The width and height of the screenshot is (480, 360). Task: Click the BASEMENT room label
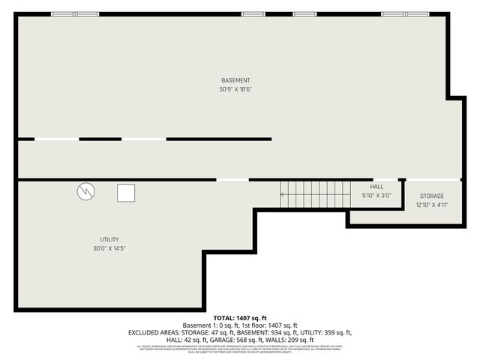235,80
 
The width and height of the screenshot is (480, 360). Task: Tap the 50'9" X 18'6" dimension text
235,89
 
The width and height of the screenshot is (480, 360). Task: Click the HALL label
376,187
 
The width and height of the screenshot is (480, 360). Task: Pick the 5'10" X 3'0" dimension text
376,196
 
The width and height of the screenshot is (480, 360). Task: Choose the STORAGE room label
431,196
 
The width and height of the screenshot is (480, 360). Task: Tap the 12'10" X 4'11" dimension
431,205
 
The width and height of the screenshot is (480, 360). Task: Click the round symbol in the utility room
85,192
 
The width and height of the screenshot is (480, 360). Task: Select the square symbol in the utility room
125,193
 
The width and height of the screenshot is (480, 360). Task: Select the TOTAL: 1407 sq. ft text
239,317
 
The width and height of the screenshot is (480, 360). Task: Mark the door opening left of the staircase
232,179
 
